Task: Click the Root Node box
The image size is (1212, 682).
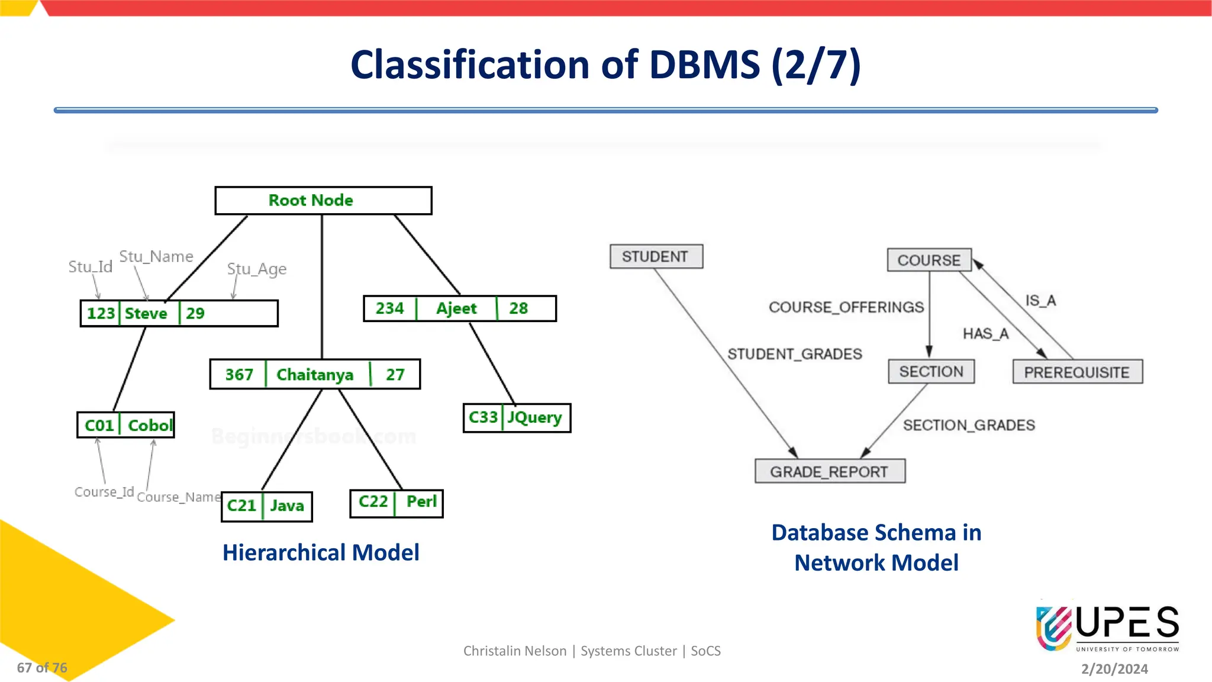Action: point(323,201)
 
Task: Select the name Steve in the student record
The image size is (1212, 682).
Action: point(146,313)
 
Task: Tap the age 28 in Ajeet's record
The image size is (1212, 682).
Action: point(518,308)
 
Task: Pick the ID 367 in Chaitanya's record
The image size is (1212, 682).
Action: point(239,375)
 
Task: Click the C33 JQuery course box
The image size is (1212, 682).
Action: point(516,418)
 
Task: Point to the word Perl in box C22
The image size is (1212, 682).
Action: point(421,502)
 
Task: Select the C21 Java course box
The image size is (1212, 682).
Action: point(266,506)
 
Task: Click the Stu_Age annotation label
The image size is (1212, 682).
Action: point(257,269)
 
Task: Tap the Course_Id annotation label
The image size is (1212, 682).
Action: point(104,492)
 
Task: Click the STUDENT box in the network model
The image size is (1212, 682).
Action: point(656,257)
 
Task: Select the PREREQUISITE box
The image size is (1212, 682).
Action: point(1077,372)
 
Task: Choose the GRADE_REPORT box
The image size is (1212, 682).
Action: point(829,472)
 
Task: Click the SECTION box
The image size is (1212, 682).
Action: point(931,372)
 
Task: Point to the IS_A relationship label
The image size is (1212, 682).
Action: point(1040,301)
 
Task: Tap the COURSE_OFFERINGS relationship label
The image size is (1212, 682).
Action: point(846,307)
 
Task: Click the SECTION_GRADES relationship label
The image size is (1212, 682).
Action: point(969,425)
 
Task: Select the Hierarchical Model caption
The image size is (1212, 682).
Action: point(321,552)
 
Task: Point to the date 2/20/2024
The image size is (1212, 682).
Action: point(1114,669)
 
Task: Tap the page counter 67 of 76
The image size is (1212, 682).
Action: point(42,668)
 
